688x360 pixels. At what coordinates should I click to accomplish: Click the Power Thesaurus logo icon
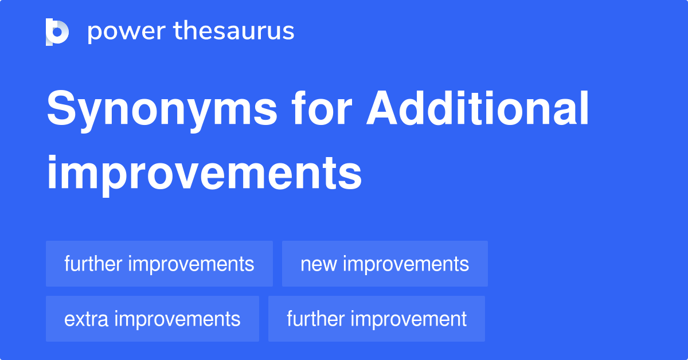(x=57, y=32)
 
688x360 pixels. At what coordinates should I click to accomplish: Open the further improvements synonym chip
(x=159, y=264)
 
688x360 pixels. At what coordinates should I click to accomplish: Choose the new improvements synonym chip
(x=385, y=264)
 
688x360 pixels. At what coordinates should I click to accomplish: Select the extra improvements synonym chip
(x=152, y=319)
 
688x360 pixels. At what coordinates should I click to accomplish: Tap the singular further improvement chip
(x=377, y=319)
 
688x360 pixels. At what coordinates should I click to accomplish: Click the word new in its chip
(x=319, y=264)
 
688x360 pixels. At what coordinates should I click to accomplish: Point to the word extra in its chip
(x=87, y=319)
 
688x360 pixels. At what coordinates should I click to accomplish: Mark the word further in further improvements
(x=93, y=264)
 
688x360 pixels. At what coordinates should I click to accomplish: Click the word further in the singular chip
(x=316, y=319)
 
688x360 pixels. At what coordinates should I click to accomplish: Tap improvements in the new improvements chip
(x=406, y=264)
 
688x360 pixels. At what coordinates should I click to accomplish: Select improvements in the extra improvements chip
(x=177, y=319)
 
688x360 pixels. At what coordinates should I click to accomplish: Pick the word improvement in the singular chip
(x=409, y=319)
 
